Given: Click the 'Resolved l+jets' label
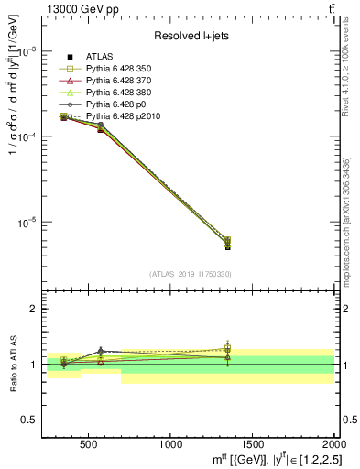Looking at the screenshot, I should tap(190, 36).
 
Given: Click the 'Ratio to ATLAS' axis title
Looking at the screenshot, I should tap(12, 365).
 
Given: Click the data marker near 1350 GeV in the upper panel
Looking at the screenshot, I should tap(227, 245).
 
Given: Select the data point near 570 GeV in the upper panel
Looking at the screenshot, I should tap(100, 129).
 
